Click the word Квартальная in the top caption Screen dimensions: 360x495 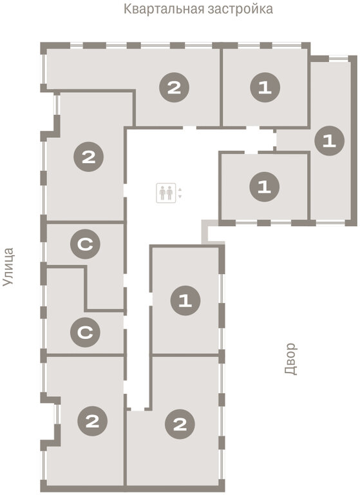[x=163, y=9]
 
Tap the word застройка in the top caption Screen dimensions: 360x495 [x=240, y=9]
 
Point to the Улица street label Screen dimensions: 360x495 [x=8, y=267]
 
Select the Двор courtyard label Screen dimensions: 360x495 [x=290, y=359]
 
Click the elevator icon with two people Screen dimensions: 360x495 [x=166, y=193]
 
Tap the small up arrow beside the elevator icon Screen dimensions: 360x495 [x=180, y=189]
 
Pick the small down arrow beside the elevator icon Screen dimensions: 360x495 [x=180, y=197]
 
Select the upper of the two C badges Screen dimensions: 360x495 [x=85, y=244]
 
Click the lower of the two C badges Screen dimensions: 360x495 [x=85, y=332]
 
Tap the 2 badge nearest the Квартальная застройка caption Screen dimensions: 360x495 [x=174, y=88]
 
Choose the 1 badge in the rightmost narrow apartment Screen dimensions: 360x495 [x=330, y=141]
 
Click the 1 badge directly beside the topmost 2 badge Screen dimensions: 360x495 [x=265, y=88]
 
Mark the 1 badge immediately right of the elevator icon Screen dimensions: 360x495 [x=265, y=187]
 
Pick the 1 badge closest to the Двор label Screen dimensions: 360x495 [x=185, y=300]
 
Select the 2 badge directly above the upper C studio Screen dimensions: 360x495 [x=89, y=157]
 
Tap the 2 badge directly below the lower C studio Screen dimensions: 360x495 [x=93, y=421]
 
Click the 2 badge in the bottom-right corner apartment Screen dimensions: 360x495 [x=180, y=424]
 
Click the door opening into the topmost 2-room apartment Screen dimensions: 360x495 [x=189, y=128]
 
